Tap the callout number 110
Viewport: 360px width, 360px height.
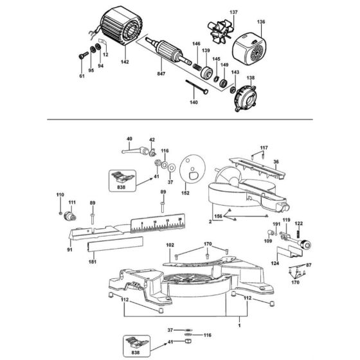pos(60,195)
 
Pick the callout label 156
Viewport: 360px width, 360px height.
pos(219,217)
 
